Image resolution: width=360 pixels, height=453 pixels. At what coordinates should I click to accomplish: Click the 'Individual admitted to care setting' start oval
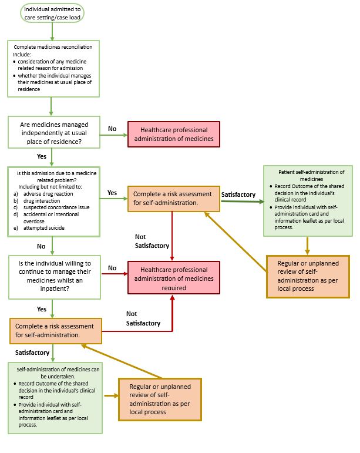coord(52,14)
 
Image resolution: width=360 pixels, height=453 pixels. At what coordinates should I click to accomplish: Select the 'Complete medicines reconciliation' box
coord(53,69)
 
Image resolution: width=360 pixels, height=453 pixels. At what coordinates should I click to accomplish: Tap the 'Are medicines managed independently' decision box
coord(54,133)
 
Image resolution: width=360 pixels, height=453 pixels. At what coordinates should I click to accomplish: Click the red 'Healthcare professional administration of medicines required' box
coord(174,278)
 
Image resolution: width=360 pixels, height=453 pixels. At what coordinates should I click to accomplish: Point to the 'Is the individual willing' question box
coord(55,277)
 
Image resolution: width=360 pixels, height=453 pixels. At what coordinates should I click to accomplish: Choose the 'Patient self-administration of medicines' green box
coord(308,201)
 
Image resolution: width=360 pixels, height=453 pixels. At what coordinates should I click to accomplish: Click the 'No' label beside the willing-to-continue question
coord(112,268)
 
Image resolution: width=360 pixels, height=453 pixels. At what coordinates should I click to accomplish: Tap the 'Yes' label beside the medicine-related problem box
coord(112,193)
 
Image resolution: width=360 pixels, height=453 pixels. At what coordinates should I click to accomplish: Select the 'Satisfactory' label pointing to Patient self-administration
coord(238,194)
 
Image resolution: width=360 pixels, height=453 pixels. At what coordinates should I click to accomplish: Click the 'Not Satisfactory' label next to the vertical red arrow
coord(152,241)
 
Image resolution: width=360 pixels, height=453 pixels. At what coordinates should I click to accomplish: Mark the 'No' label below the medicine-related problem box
coord(41,246)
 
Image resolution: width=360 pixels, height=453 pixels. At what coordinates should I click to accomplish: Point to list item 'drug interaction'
coord(42,201)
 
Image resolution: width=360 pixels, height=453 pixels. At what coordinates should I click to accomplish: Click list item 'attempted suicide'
coord(44,228)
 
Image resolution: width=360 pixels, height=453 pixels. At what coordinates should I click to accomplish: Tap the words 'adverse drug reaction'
coord(48,194)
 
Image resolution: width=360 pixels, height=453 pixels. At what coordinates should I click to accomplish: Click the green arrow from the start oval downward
coord(52,32)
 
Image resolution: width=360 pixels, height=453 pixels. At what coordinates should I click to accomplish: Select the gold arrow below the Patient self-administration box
coord(308,246)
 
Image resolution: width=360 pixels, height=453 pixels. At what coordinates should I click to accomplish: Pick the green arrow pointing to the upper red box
coord(114,135)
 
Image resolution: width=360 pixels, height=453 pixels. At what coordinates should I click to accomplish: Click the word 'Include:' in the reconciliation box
coord(22,54)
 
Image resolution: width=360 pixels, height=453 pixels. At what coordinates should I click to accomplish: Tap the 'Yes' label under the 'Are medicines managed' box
coord(42,156)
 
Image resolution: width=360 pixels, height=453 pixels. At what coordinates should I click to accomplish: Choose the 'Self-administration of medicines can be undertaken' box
coord(55,398)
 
